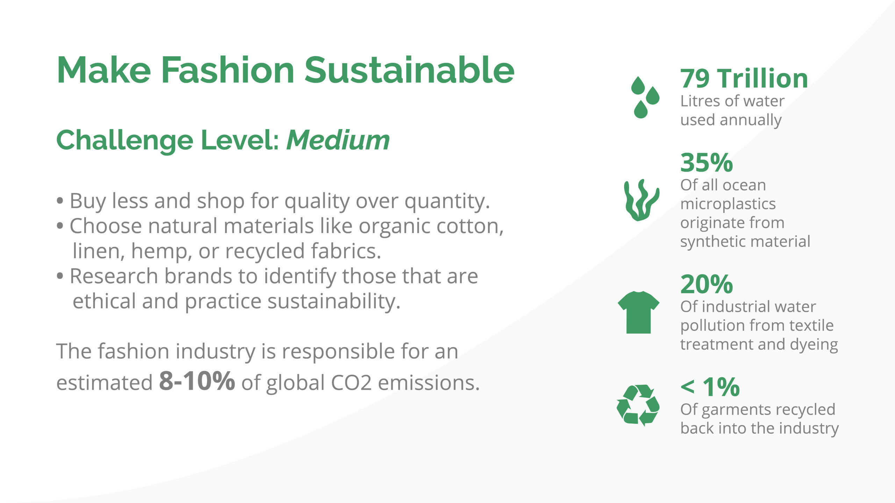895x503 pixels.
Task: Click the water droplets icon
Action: pyautogui.click(x=645, y=97)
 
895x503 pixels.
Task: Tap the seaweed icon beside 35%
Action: pyautogui.click(x=642, y=200)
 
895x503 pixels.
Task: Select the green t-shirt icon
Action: pyautogui.click(x=638, y=312)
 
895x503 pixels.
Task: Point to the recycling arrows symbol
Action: pyautogui.click(x=638, y=405)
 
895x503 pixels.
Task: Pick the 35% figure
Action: pyautogui.click(x=707, y=163)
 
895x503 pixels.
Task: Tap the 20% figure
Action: pyautogui.click(x=707, y=284)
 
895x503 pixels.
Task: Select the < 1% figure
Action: pyautogui.click(x=710, y=387)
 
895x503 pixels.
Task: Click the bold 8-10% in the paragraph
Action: pyautogui.click(x=197, y=381)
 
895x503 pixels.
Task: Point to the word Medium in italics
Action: pyautogui.click(x=338, y=140)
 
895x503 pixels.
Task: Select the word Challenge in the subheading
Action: pyautogui.click(x=124, y=141)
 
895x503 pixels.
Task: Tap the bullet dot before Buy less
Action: pyautogui.click(x=60, y=201)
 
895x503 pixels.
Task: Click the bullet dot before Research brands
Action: pyautogui.click(x=60, y=276)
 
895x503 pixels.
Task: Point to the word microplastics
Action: pyautogui.click(x=728, y=204)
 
